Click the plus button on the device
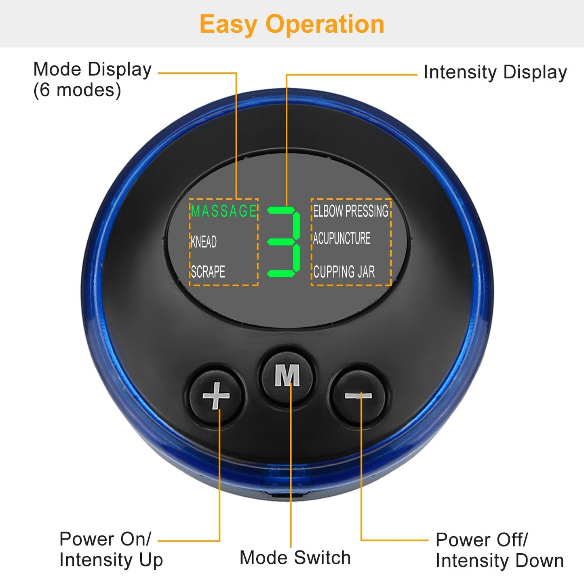pos(216,395)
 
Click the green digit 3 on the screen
pos(285,242)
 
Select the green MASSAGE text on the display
pos(224,211)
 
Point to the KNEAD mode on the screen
pos(204,242)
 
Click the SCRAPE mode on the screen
pos(208,272)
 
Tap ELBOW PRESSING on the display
pos(350,211)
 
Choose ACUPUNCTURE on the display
pos(342,238)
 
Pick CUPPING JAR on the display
pos(344,272)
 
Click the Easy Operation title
pos(292,24)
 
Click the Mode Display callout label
pos(92,70)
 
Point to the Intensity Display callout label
pos(495,73)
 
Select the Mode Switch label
pos(295,558)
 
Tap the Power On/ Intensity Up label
pos(111,549)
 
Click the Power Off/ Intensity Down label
pos(500,550)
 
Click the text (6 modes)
pos(77,90)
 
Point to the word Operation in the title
pos(325,24)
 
